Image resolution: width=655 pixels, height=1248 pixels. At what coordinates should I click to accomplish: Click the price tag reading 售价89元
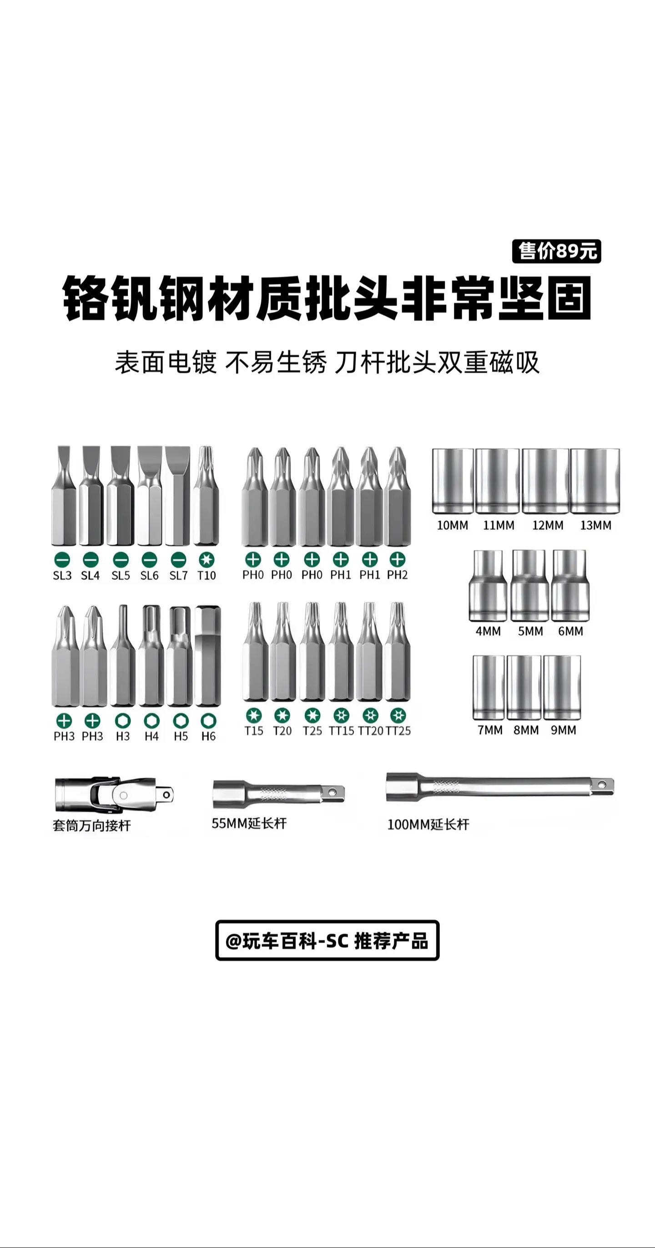tap(556, 251)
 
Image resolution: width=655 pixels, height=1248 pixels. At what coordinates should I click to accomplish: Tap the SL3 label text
tap(62, 576)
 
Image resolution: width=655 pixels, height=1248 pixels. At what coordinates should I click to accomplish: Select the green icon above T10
tap(206, 559)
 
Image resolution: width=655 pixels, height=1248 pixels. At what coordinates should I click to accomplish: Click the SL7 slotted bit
tap(178, 496)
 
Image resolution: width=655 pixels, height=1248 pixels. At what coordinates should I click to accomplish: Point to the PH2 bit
tap(398, 496)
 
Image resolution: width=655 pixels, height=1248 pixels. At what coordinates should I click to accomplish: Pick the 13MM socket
tap(595, 481)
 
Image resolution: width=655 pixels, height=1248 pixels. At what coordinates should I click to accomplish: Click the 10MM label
tap(452, 525)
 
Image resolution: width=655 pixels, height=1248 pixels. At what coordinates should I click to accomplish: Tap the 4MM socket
tap(488, 585)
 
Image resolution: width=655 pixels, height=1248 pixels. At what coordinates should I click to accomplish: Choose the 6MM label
tap(570, 631)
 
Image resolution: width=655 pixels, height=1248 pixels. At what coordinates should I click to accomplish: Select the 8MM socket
tap(524, 687)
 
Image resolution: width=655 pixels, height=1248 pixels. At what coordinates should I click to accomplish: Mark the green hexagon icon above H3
tap(122, 721)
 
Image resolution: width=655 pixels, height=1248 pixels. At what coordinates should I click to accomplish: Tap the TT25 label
tap(398, 731)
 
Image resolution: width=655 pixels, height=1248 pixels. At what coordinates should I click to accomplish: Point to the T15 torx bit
tap(254, 652)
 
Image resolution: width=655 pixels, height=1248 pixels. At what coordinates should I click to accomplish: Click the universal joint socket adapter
tap(114, 795)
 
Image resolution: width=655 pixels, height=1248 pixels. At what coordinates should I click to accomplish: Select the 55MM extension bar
tap(279, 794)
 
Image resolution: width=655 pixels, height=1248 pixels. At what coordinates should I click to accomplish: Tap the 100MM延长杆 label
tap(428, 825)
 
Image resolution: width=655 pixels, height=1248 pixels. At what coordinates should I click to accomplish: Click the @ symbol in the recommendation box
tap(233, 941)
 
